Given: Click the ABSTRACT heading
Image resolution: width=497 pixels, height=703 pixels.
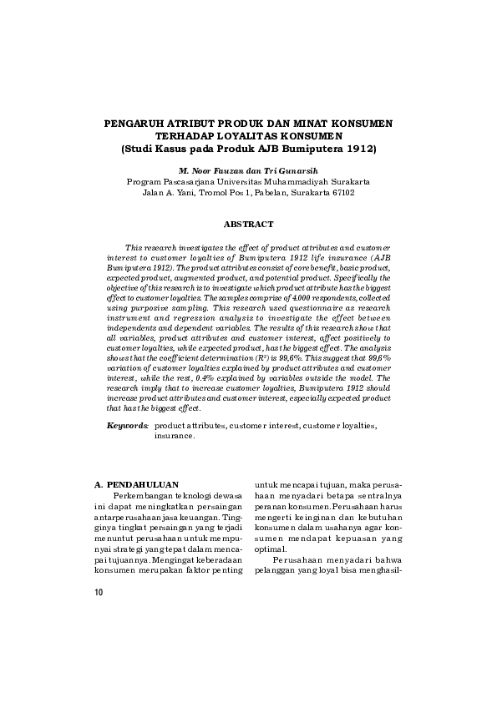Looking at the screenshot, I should (x=248, y=225).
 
